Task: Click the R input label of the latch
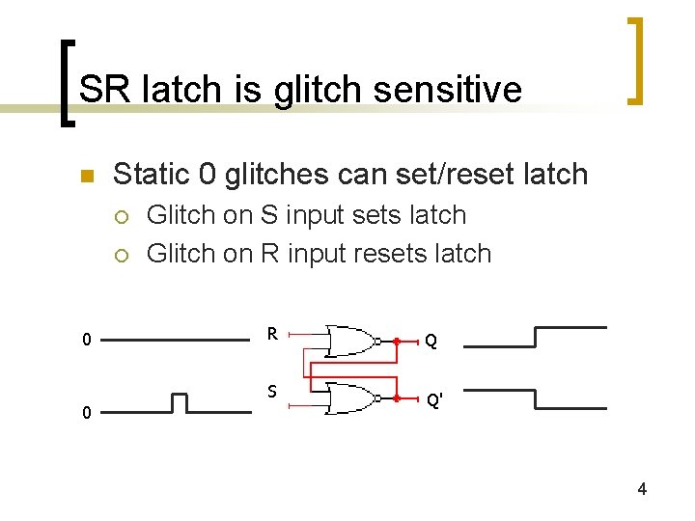[273, 335]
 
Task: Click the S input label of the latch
[273, 391]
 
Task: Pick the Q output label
[431, 341]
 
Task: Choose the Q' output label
[433, 398]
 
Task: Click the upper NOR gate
[351, 341]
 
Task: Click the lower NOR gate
[351, 398]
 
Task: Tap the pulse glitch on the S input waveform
[180, 402]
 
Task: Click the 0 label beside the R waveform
[87, 340]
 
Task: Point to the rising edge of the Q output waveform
[535, 336]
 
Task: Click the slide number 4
[642, 490]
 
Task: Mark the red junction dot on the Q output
[396, 341]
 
